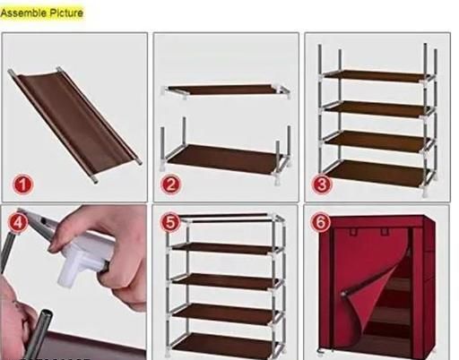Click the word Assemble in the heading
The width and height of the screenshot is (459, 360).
click(x=23, y=13)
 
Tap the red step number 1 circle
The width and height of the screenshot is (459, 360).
click(x=23, y=184)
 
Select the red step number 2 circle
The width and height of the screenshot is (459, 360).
click(x=170, y=184)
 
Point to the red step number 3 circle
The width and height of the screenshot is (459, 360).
click(x=322, y=184)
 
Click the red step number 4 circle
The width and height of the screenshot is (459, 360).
click(x=18, y=222)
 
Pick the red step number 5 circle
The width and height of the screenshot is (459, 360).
click(x=170, y=222)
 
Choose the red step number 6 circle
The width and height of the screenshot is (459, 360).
click(x=321, y=222)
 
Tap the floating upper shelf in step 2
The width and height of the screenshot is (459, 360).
click(x=226, y=90)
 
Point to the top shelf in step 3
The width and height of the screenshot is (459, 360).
click(x=377, y=76)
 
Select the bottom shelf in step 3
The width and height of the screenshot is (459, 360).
click(x=378, y=175)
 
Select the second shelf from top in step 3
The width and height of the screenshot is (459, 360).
click(x=377, y=108)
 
